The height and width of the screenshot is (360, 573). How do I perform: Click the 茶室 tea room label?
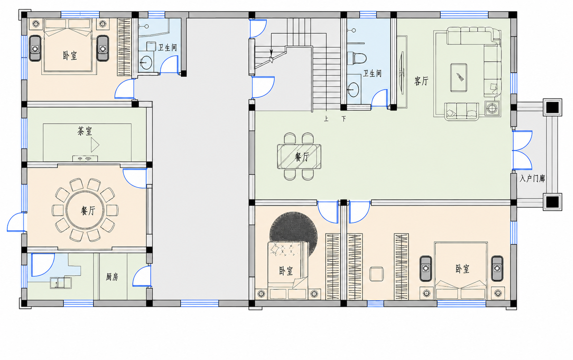(x=85, y=131)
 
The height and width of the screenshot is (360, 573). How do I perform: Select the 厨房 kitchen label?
(x=112, y=277)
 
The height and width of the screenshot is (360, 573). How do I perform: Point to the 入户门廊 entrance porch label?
(x=532, y=178)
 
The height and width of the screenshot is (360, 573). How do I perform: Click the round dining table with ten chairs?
(x=85, y=210)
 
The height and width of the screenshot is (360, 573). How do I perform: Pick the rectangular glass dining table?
(x=299, y=156)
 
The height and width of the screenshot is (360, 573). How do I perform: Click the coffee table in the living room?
(x=459, y=78)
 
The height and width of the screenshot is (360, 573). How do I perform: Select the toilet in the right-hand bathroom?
(x=357, y=58)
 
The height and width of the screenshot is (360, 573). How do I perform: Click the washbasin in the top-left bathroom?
(x=146, y=62)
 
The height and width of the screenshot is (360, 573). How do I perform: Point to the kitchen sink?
(x=60, y=283)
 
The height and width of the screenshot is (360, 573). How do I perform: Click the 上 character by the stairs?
(x=326, y=119)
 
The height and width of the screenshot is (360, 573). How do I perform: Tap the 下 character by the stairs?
(x=344, y=119)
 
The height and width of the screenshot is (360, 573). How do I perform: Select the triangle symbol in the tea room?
(x=95, y=145)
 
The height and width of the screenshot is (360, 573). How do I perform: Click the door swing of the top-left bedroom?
(x=125, y=89)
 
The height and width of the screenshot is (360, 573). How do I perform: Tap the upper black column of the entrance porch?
(x=553, y=107)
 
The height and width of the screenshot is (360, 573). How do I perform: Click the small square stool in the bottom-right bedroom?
(x=377, y=274)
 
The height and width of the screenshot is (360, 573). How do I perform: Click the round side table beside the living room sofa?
(x=492, y=108)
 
